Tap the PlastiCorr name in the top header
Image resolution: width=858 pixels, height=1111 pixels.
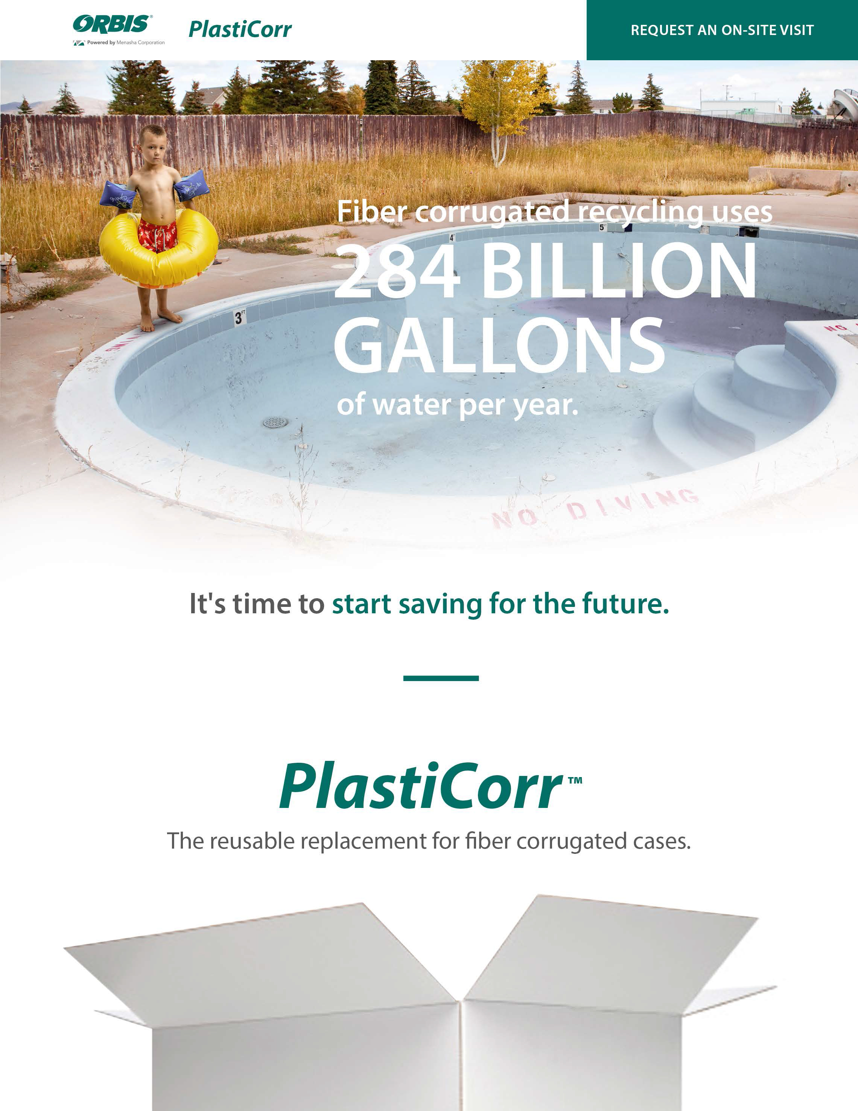[240, 29]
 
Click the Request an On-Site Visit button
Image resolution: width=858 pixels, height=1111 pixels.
[722, 30]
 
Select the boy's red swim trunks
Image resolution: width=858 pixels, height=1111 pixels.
[158, 235]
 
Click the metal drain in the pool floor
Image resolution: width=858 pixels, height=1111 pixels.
[275, 422]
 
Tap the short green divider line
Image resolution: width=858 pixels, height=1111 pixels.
[441, 678]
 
